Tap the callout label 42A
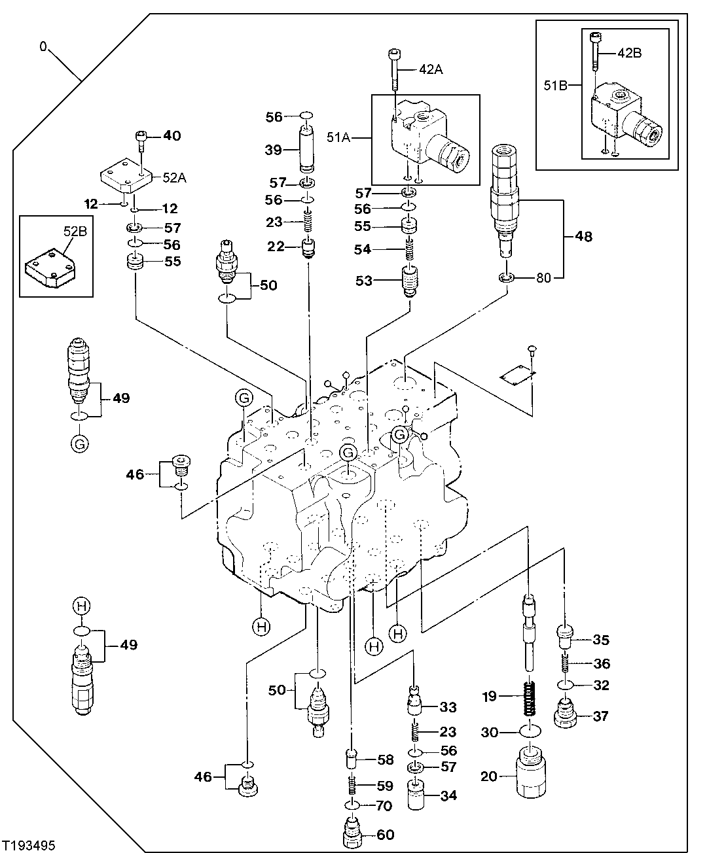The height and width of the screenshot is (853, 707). [431, 69]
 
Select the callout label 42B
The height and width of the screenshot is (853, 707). [629, 53]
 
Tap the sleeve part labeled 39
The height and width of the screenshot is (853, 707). [308, 150]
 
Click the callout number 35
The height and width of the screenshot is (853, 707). [600, 639]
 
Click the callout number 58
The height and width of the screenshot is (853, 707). [385, 759]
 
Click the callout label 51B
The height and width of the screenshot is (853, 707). [556, 84]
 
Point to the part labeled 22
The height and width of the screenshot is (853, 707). [308, 248]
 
